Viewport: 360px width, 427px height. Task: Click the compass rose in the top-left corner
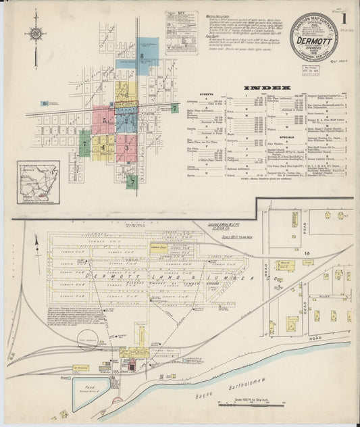point(35,33)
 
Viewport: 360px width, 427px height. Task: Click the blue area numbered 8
point(142,58)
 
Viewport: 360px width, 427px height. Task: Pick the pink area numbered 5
point(103,120)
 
